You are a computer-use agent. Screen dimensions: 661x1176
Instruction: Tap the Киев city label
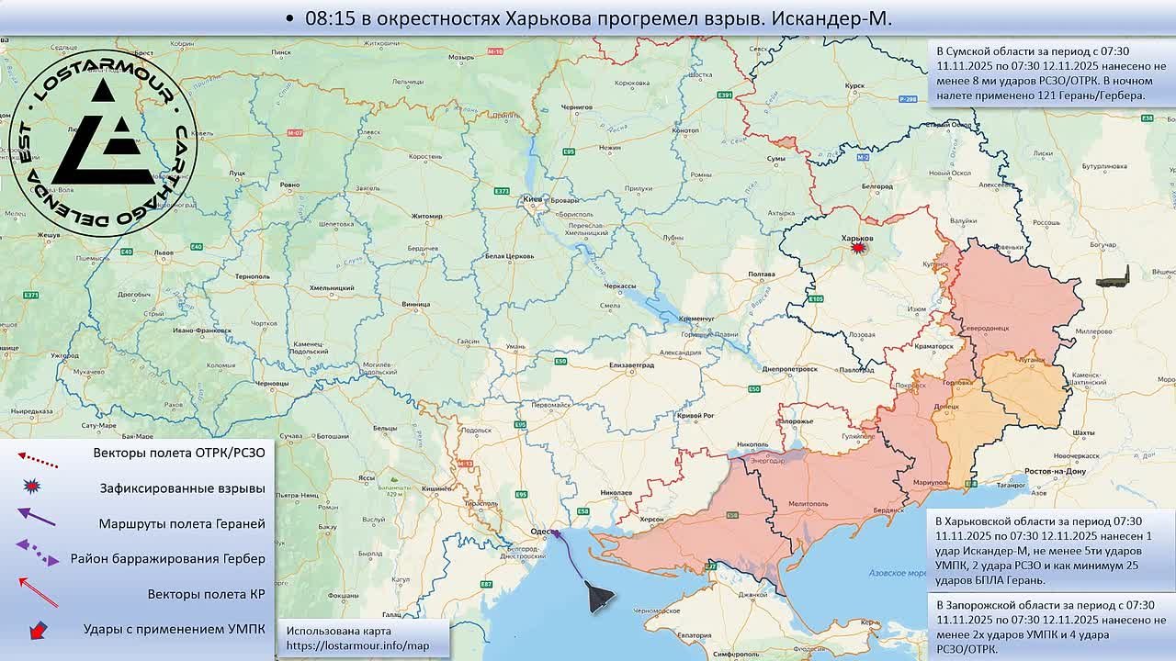pos(532,199)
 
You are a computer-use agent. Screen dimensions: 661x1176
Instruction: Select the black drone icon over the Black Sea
pos(601,598)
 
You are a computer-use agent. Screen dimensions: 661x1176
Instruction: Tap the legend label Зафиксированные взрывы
pos(182,488)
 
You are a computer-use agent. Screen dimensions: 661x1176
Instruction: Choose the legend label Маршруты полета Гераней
pos(182,523)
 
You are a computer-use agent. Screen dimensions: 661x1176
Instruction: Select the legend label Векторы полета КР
pos(206,594)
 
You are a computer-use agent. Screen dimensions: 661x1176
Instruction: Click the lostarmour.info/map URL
pos(357,646)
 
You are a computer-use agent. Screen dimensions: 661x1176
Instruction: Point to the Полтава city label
pos(762,274)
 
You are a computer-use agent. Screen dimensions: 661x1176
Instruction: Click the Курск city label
pos(854,85)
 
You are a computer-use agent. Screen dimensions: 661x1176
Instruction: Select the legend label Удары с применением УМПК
pos(174,629)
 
